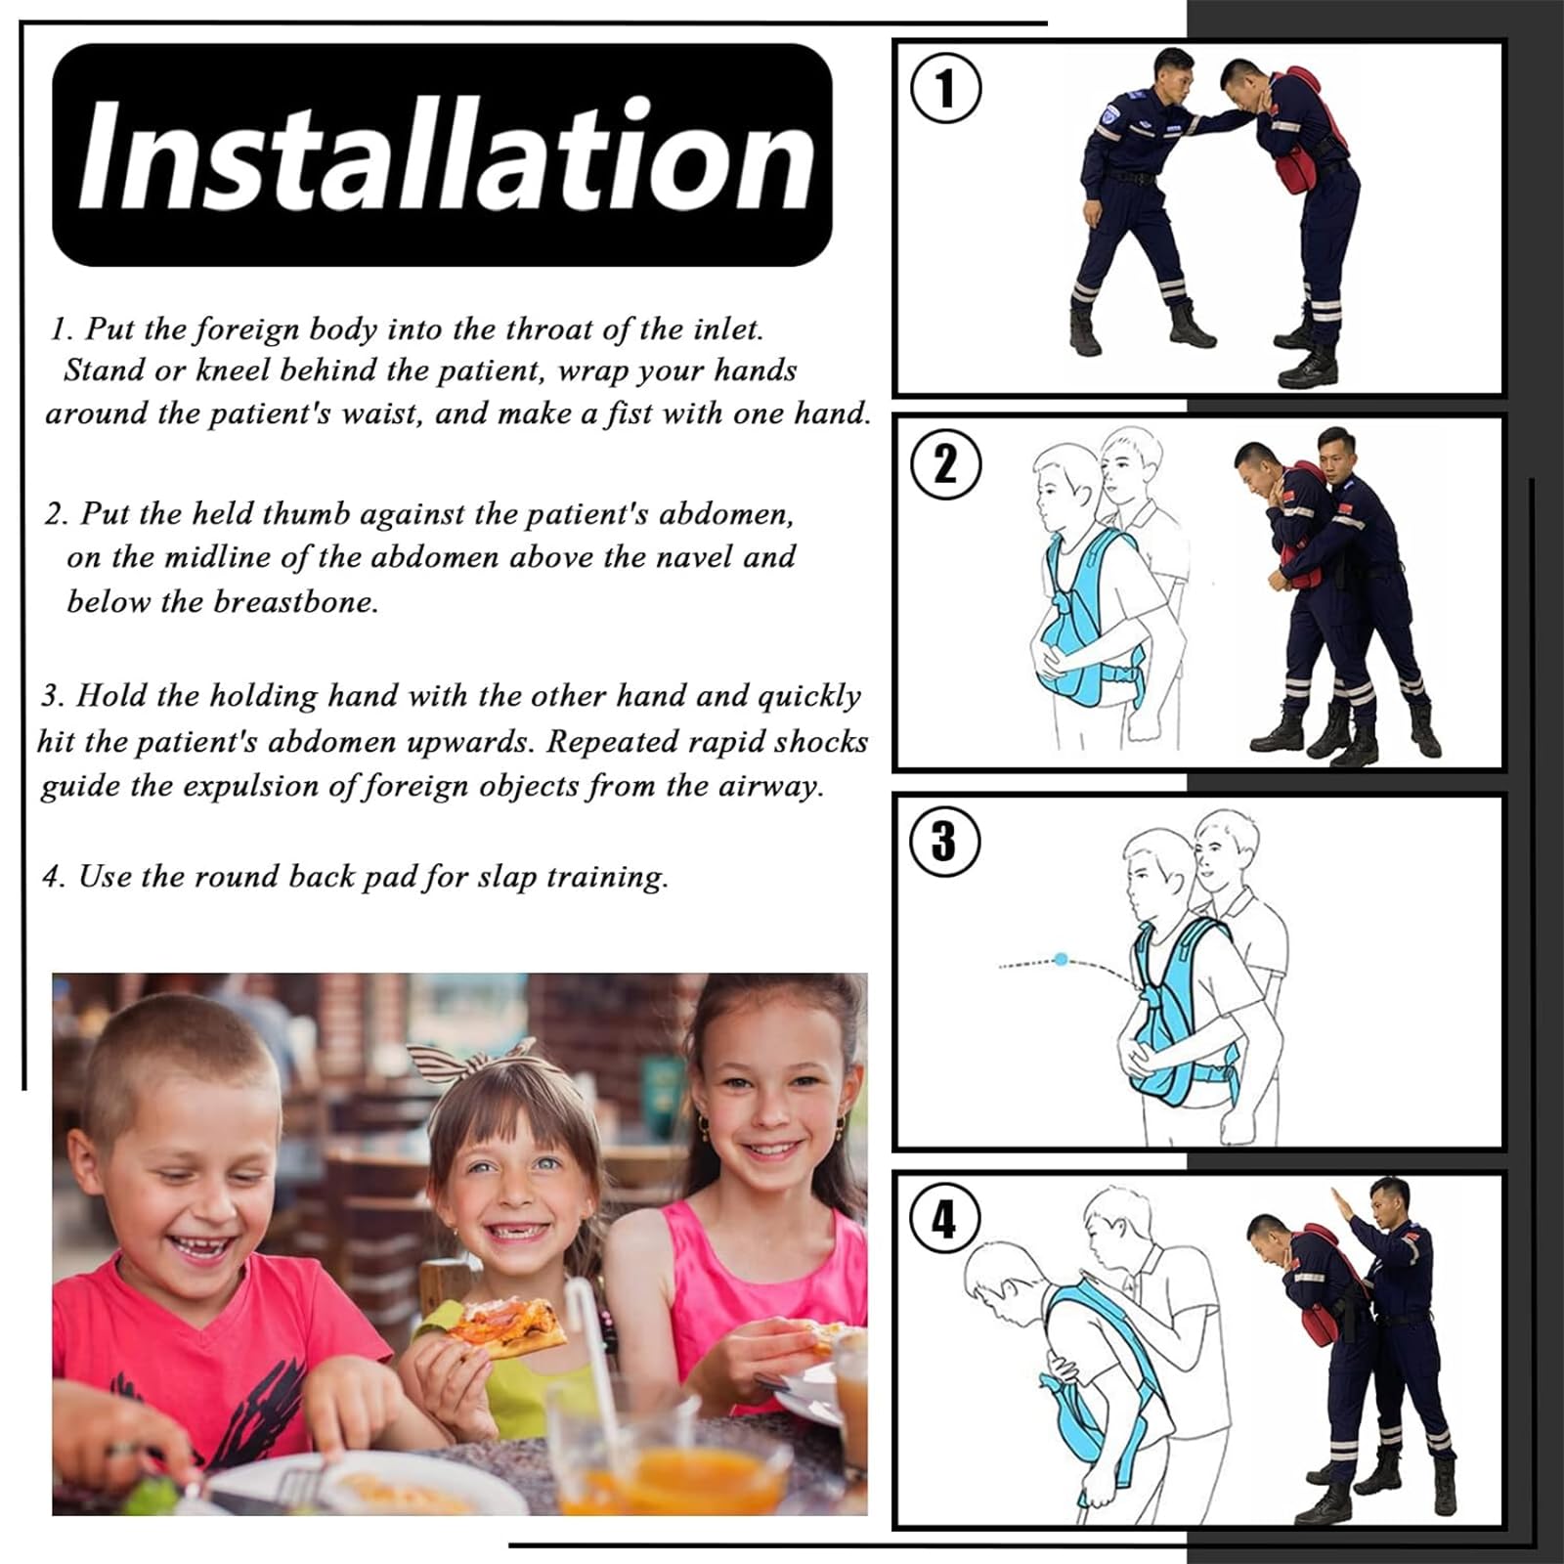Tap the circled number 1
944,89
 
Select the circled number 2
944,464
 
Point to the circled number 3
944,841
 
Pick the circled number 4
944,1218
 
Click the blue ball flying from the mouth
1062,959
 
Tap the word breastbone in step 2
295,600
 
